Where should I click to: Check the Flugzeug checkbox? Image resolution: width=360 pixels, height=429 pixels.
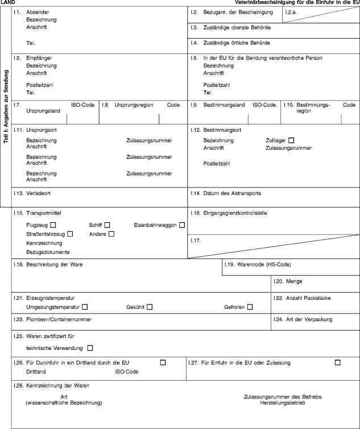click(53, 226)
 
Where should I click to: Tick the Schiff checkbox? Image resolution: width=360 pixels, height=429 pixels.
click(107, 226)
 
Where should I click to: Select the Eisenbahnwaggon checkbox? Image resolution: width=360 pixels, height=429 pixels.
click(182, 226)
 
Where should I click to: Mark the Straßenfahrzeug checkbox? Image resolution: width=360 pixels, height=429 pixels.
click(71, 234)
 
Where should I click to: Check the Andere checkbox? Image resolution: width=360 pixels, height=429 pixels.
click(111, 234)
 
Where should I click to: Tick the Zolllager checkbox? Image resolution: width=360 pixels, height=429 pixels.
click(292, 140)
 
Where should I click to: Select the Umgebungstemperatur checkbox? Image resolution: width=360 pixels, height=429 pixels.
click(84, 307)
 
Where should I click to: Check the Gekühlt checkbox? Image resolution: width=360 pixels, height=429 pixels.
click(150, 307)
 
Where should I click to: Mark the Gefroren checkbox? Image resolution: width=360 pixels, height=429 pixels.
click(250, 307)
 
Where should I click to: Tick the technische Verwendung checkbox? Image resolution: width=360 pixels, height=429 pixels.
click(90, 348)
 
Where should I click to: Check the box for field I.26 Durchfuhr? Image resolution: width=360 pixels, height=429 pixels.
click(163, 363)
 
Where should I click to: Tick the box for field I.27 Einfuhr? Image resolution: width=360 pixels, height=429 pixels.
click(338, 363)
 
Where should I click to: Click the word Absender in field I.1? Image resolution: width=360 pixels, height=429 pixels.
click(38, 13)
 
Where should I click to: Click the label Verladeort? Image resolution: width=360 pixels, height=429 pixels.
click(39, 193)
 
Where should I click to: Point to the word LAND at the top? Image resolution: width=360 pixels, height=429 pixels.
click(7, 3)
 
